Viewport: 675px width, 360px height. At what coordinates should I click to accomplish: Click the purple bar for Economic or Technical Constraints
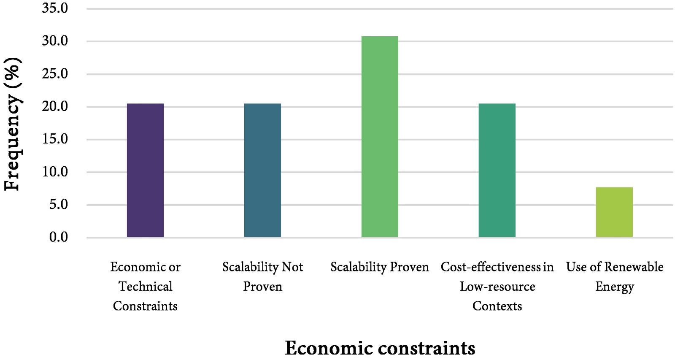[x=145, y=170]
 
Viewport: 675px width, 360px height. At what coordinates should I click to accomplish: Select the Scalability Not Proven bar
[x=262, y=170]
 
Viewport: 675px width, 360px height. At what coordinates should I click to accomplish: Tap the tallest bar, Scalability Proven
[x=380, y=137]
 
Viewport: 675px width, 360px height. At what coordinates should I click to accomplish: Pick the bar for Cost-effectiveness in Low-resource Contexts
[x=497, y=170]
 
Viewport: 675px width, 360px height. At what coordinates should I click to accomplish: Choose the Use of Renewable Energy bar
[x=614, y=212]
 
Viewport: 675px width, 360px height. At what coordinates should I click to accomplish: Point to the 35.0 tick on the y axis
[x=55, y=8]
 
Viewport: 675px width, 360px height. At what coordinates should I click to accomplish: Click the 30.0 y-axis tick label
[x=55, y=41]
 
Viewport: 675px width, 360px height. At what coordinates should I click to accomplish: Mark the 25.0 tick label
[x=55, y=74]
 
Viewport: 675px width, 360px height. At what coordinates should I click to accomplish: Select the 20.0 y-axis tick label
[x=55, y=106]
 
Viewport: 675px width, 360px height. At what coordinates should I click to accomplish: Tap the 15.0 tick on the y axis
[x=55, y=139]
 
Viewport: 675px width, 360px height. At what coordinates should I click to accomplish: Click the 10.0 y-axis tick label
[x=55, y=172]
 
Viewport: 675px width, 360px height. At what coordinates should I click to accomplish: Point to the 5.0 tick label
[x=58, y=205]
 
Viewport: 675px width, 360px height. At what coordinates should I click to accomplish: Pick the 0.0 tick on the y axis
[x=58, y=237]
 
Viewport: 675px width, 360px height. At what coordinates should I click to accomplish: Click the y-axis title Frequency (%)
[x=13, y=125]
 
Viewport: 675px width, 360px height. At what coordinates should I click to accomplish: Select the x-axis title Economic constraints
[x=380, y=348]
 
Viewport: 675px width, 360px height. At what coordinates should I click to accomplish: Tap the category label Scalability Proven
[x=380, y=267]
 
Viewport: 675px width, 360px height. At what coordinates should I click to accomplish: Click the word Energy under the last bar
[x=614, y=287]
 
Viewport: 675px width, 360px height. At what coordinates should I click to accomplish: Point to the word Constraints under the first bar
[x=145, y=306]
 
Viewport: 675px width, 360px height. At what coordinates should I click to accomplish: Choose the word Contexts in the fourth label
[x=497, y=306]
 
